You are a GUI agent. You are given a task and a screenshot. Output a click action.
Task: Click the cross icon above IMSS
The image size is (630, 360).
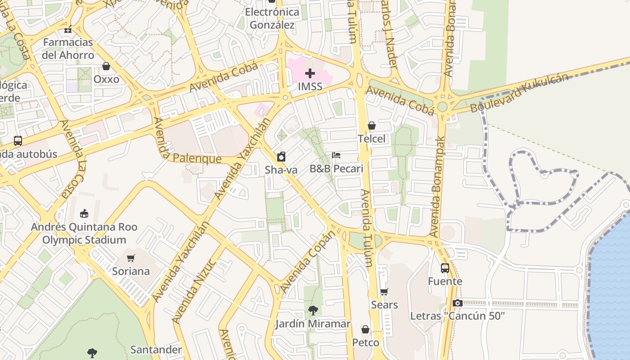(x=310, y=73)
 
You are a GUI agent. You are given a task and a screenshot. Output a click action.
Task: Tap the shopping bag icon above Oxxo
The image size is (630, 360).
(x=106, y=67)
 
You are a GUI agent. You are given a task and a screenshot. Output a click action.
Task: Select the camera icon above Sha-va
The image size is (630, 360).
(x=281, y=157)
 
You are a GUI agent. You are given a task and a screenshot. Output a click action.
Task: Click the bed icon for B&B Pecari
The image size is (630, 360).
(x=336, y=156)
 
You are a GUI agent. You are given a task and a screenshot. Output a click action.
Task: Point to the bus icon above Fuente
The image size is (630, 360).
(x=445, y=268)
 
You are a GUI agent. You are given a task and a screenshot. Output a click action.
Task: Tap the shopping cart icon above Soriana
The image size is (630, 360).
(x=131, y=258)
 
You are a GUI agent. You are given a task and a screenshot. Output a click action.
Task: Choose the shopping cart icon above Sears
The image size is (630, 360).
(x=384, y=292)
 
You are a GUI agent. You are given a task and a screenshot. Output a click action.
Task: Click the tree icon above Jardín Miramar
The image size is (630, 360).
(x=313, y=310)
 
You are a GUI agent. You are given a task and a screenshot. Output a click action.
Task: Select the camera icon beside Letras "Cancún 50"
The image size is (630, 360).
(x=458, y=303)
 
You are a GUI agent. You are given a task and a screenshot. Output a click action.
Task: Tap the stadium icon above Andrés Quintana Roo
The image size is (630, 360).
(x=84, y=213)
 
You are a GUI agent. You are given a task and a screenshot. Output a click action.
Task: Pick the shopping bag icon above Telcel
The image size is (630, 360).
(x=372, y=126)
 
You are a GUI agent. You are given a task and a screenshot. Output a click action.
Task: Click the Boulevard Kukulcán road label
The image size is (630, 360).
(x=519, y=94)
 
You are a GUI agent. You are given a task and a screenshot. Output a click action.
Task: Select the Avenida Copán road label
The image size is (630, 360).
(x=308, y=262)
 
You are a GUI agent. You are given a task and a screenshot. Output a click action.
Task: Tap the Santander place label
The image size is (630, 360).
(x=156, y=350)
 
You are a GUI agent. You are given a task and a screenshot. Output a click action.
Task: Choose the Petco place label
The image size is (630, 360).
(x=365, y=343)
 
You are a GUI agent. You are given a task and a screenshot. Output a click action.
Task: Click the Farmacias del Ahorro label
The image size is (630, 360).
(x=68, y=49)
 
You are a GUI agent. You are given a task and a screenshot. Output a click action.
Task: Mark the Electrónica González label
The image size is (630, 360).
(x=272, y=18)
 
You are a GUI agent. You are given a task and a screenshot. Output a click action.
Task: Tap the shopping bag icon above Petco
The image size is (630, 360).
(x=365, y=330)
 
